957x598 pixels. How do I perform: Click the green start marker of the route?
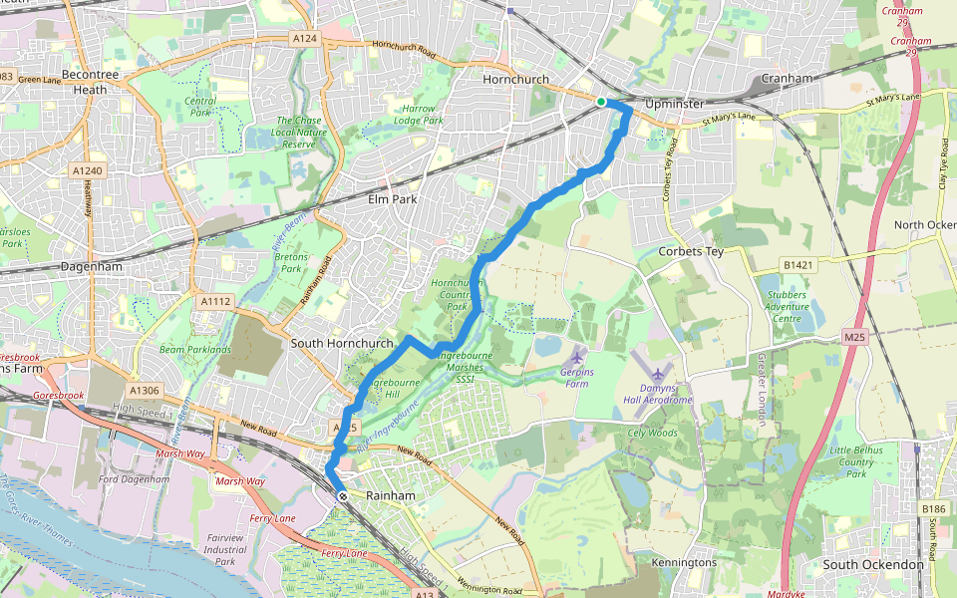(x=601, y=102)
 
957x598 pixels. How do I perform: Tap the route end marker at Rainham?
(x=342, y=495)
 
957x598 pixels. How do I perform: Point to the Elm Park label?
(x=391, y=199)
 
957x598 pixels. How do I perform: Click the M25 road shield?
(x=854, y=338)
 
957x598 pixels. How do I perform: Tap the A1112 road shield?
(x=215, y=301)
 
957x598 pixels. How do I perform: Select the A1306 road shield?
(x=144, y=391)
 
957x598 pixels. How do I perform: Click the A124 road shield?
(x=305, y=38)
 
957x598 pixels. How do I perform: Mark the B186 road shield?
(x=933, y=509)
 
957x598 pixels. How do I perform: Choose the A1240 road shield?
(x=87, y=171)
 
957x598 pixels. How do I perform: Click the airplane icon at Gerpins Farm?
(x=577, y=356)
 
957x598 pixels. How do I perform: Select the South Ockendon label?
(x=874, y=564)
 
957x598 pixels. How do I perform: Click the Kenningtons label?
(x=684, y=563)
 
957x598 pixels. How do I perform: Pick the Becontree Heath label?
(x=84, y=82)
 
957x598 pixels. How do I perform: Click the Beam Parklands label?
(x=195, y=350)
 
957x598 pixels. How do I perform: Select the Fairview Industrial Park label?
(x=226, y=549)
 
